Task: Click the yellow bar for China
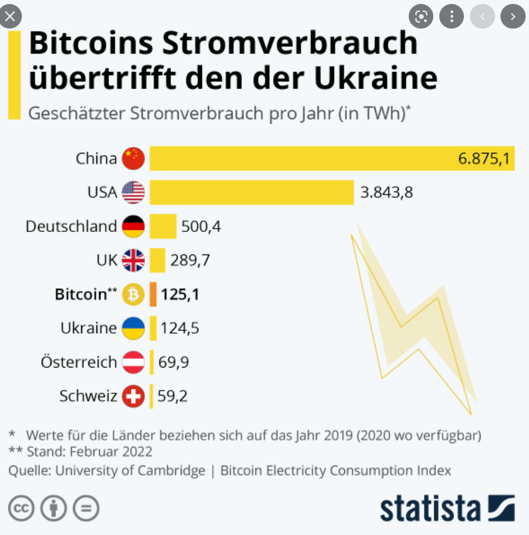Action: tap(299, 158)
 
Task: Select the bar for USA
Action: tap(251, 193)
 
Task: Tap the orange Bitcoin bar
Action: tap(153, 294)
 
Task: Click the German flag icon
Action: tap(133, 227)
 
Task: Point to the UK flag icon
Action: tap(133, 261)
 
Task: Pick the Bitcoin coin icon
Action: tap(133, 294)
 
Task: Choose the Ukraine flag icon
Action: tap(133, 328)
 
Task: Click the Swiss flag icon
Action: tap(133, 397)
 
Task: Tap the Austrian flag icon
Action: tap(133, 363)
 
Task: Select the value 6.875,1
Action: tap(483, 159)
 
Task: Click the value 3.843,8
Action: tap(386, 193)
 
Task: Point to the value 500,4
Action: tap(201, 227)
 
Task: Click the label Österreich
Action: tap(78, 363)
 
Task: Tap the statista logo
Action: tap(447, 508)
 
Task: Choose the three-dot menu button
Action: tap(451, 16)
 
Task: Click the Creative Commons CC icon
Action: tap(21, 508)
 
